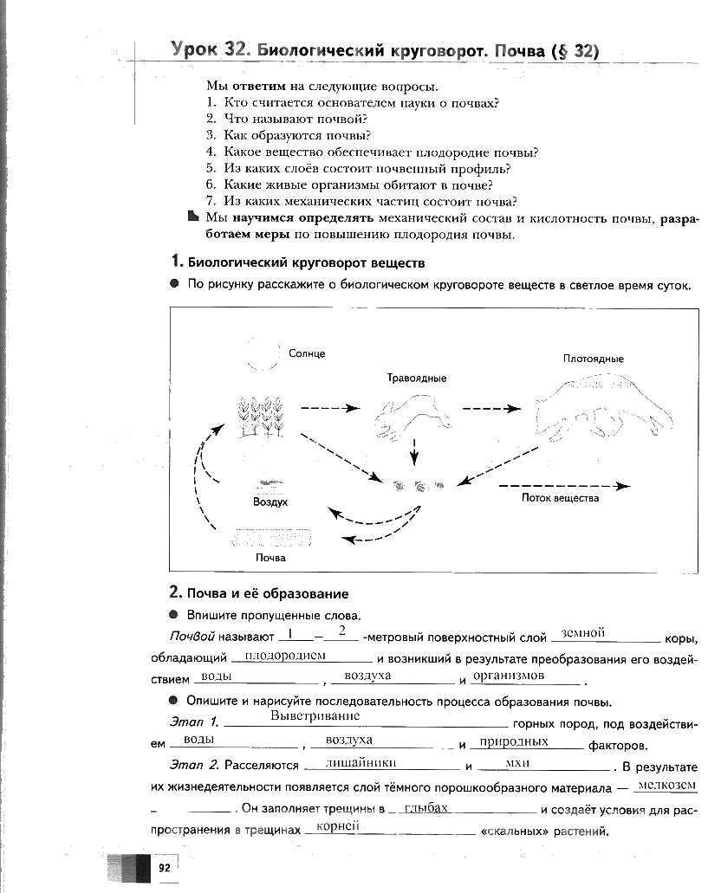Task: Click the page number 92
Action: tap(163, 866)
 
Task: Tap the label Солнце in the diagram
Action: tap(307, 354)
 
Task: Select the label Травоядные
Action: tap(417, 379)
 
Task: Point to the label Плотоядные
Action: tap(594, 359)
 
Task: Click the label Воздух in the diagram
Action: tap(270, 502)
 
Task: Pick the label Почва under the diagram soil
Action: tap(270, 558)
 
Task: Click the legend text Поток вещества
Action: tap(560, 498)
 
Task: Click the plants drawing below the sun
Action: tap(261, 416)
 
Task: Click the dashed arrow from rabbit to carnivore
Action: tap(491, 408)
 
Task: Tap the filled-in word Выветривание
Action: tap(315, 716)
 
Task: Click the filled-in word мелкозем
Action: tap(666, 785)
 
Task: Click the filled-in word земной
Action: tap(582, 632)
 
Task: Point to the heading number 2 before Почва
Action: tap(173, 593)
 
